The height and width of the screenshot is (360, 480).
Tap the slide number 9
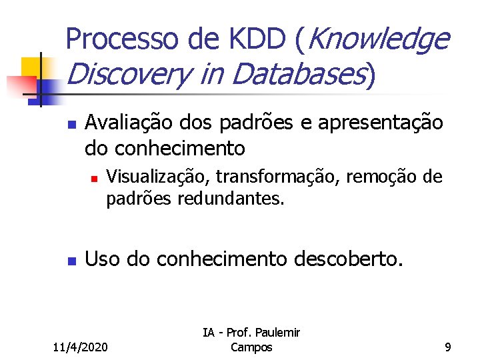pyautogui.click(x=448, y=347)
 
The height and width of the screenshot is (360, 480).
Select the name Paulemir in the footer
pyautogui.click(x=277, y=333)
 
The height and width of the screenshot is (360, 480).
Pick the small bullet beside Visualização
pyautogui.click(x=95, y=179)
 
